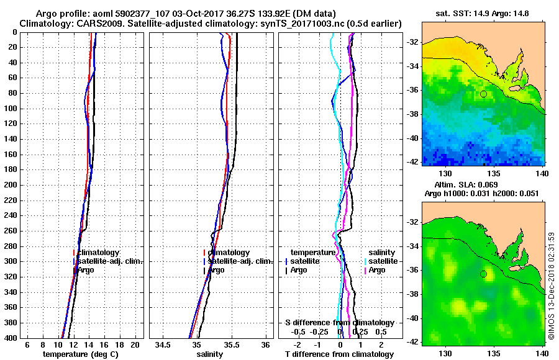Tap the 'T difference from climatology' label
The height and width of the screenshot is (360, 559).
click(339, 354)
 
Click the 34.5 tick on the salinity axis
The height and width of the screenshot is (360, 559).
click(163, 344)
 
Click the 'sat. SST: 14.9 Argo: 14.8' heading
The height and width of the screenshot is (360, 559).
click(483, 14)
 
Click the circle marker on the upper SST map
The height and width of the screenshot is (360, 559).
click(483, 94)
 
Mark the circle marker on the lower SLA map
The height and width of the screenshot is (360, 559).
click(483, 274)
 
